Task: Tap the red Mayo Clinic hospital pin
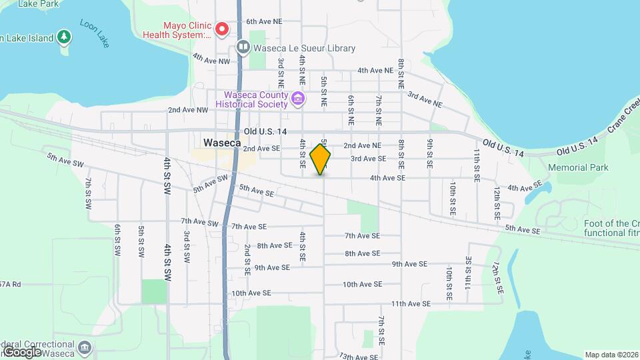[x=222, y=29]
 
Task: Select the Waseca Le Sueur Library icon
[x=243, y=48]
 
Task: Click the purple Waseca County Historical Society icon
[x=298, y=100]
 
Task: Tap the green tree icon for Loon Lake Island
[x=64, y=37]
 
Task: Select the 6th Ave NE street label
[x=264, y=21]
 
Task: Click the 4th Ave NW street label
[x=211, y=60]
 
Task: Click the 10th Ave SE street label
[x=362, y=284]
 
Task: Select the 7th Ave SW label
[x=199, y=222]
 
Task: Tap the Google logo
[x=21, y=351]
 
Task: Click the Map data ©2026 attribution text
[x=611, y=355]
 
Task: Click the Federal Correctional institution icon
[x=85, y=347]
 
